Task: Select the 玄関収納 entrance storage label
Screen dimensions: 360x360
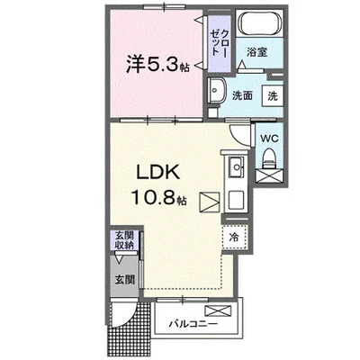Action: coord(123,240)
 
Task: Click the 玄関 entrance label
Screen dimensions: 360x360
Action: coord(123,279)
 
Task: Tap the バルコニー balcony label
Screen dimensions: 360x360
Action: coord(192,322)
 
